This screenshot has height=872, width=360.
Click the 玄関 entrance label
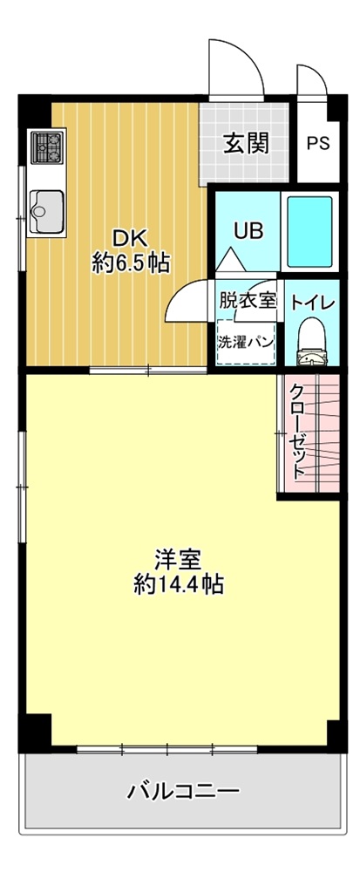tap(246, 144)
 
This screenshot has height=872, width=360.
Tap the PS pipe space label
tap(318, 144)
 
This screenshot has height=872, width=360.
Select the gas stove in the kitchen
tap(47, 147)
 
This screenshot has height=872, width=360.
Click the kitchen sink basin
tap(47, 211)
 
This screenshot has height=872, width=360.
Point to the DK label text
tap(131, 239)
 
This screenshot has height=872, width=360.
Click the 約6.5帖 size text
tap(131, 262)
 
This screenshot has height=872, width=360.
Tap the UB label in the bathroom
tap(248, 230)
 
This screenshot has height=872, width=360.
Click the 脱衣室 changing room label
tap(248, 301)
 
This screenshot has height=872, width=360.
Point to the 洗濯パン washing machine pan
tap(246, 342)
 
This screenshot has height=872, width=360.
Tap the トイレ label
tap(312, 303)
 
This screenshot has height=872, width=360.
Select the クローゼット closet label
tap(299, 432)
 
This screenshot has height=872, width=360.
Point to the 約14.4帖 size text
tap(179, 584)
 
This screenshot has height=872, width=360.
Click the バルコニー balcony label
tap(183, 790)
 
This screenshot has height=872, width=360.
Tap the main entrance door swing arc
tap(246, 56)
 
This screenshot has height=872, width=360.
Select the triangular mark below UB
tap(230, 260)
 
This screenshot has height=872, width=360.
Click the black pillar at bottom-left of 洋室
tap(35, 732)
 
